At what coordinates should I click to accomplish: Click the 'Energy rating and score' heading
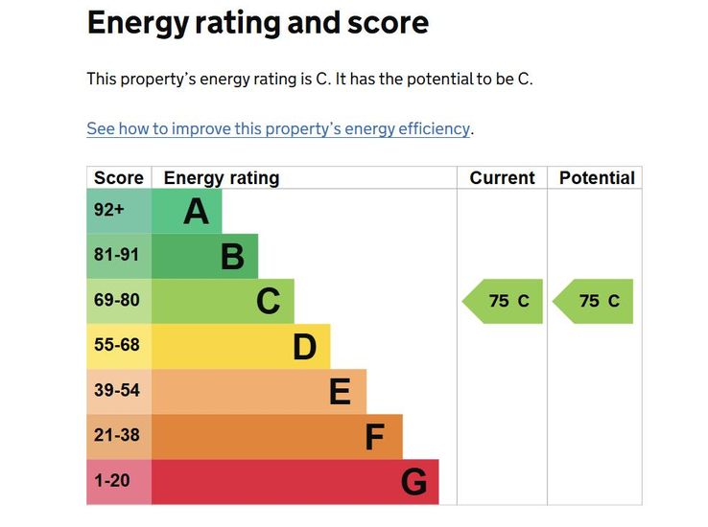257,23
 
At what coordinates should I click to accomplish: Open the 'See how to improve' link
278,128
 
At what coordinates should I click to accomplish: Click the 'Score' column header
119,178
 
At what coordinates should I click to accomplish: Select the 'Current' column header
502,178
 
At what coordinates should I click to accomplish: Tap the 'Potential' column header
596,178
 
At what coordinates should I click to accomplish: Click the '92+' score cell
109,211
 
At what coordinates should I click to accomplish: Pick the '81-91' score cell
117,256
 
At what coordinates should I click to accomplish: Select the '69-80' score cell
117,301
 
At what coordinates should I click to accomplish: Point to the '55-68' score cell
117,346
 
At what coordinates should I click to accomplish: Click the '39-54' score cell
117,391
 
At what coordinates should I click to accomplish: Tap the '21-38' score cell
117,436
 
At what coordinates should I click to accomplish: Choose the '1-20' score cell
112,481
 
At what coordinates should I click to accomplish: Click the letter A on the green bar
196,211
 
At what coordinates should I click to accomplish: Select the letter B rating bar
232,256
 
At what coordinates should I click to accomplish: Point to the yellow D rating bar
304,346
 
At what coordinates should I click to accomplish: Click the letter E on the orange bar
340,391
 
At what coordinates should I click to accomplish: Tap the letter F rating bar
375,437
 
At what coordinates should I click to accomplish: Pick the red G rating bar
413,481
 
